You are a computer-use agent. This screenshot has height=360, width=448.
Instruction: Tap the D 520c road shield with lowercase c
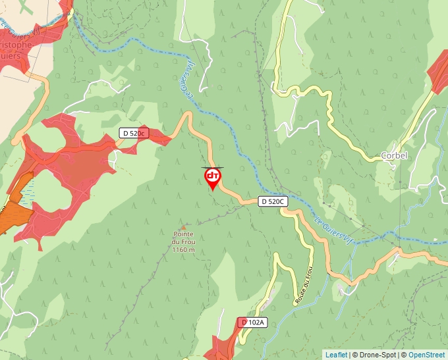[x=133, y=133]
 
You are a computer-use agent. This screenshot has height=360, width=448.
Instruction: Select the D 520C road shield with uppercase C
[x=272, y=201]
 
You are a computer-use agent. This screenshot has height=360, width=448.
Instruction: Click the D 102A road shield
[x=252, y=322]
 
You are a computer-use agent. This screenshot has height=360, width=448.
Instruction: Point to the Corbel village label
[x=394, y=156]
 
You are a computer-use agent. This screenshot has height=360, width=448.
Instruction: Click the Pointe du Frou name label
[x=184, y=238]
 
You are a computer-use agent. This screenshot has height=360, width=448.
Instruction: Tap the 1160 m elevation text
[x=184, y=250]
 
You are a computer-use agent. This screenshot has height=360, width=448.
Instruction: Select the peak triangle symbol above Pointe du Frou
[x=183, y=228]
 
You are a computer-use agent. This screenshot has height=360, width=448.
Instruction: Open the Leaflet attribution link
[x=336, y=355]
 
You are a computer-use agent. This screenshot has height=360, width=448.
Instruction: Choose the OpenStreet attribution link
[x=426, y=355]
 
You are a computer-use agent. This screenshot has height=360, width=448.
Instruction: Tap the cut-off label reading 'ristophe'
[x=16, y=45]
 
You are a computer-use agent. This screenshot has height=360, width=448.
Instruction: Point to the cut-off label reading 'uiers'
[x=11, y=56]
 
